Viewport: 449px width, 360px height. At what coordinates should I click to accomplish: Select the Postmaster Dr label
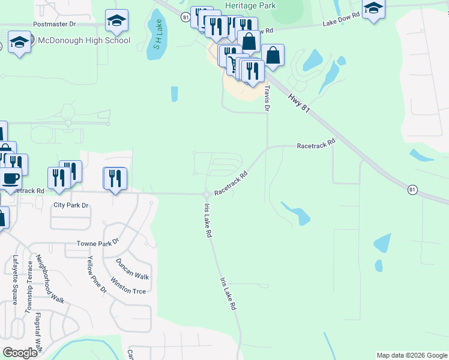pos(55,25)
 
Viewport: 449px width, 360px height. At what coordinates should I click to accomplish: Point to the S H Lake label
pos(157,41)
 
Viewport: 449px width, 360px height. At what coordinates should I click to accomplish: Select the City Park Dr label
pos(71,205)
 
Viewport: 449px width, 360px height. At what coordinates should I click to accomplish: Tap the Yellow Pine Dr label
pos(96,274)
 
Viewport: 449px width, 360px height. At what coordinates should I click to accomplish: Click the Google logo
pos(20,353)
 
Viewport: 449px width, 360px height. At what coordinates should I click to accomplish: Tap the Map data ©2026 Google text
pos(411,355)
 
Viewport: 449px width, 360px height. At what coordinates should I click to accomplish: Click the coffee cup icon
pos(10,178)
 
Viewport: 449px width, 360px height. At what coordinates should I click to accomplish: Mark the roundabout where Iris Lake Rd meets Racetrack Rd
pos(206,194)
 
